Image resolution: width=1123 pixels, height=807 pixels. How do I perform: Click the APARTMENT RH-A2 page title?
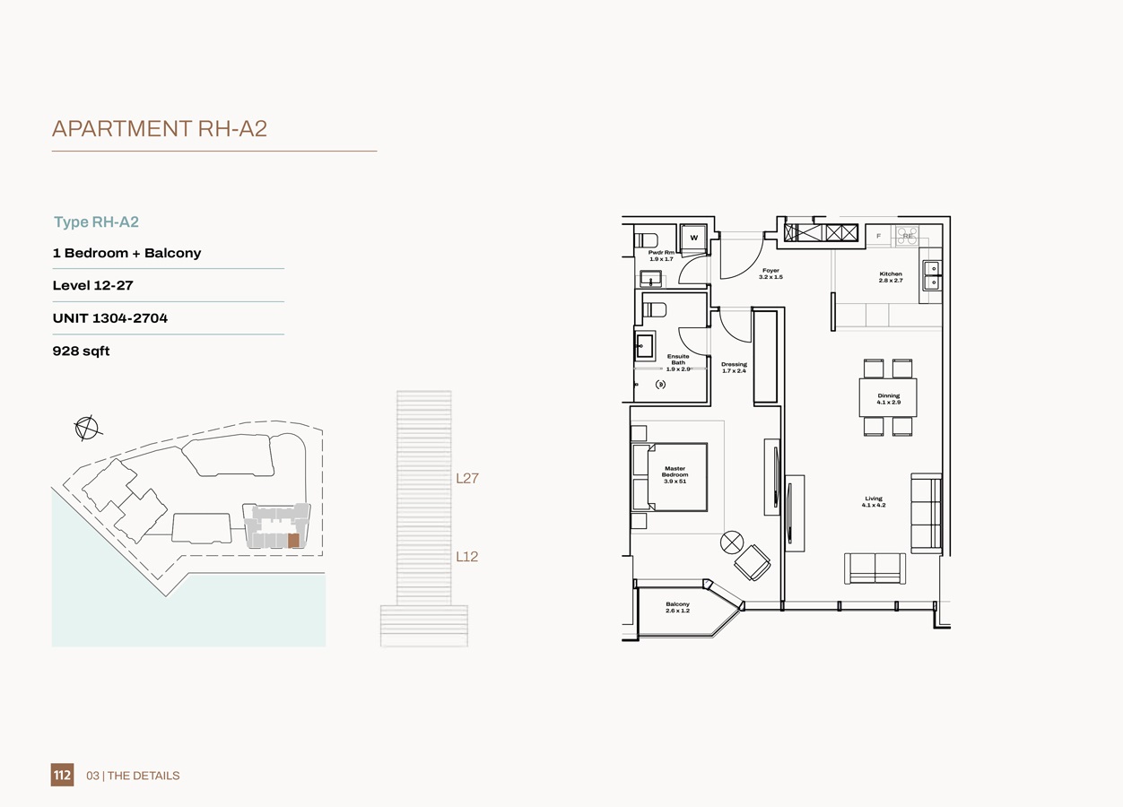pyautogui.click(x=160, y=128)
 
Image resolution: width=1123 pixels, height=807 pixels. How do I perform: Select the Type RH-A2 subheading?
pyautogui.click(x=96, y=221)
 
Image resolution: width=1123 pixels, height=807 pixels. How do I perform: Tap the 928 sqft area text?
pyautogui.click(x=81, y=351)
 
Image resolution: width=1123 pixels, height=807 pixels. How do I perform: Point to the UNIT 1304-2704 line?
pyautogui.click(x=110, y=317)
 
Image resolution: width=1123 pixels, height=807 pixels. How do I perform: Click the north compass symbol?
pyautogui.click(x=87, y=428)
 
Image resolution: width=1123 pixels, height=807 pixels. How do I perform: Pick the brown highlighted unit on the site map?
pyautogui.click(x=293, y=541)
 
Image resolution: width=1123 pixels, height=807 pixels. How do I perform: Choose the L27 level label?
pyautogui.click(x=466, y=478)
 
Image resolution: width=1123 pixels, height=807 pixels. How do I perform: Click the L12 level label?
pyautogui.click(x=466, y=556)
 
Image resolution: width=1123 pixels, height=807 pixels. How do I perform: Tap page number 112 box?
pyautogui.click(x=62, y=775)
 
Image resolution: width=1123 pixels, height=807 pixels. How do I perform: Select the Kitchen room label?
pyautogui.click(x=891, y=277)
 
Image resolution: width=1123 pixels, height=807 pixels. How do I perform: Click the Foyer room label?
pyautogui.click(x=770, y=273)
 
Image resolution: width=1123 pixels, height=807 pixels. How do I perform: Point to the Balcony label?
pyautogui.click(x=677, y=607)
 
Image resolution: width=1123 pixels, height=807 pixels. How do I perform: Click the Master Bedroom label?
pyautogui.click(x=675, y=474)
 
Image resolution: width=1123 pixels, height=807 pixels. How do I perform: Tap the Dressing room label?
pyautogui.click(x=734, y=368)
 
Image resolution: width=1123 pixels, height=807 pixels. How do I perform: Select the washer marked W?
pyautogui.click(x=693, y=238)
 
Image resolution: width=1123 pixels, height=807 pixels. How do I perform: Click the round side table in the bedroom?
pyautogui.click(x=732, y=542)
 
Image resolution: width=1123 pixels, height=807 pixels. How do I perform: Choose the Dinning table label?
pyautogui.click(x=888, y=398)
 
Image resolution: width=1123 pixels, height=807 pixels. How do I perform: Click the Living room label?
pyautogui.click(x=874, y=501)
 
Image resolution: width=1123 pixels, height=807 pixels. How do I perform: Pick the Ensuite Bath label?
pyautogui.click(x=678, y=362)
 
